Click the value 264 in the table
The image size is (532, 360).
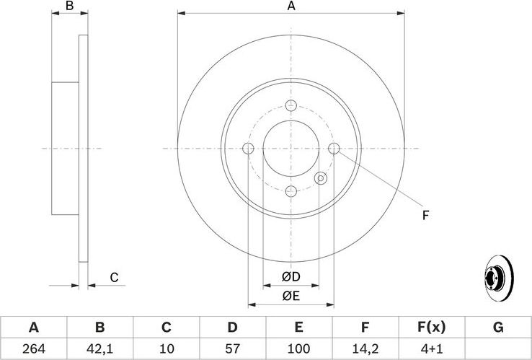33,349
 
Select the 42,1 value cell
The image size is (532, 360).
99,349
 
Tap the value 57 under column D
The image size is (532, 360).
232,349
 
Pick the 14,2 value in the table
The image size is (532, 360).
365,349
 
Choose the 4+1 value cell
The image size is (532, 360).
431,349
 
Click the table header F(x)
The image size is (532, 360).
431,328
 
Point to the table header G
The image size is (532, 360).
497,328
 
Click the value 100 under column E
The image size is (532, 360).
298,349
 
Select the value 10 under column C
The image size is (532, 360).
166,349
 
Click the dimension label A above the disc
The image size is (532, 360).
291,6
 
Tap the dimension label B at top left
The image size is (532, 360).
70,6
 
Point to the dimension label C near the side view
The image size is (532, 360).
113,277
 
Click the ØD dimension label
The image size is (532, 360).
291,277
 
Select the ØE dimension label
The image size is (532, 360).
291,294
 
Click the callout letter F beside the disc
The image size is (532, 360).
425,215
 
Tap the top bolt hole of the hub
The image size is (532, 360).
291,105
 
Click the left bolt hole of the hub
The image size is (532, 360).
249,149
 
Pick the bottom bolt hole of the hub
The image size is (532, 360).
291,191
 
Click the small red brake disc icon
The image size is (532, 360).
497,277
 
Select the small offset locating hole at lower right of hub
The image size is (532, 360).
322,178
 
